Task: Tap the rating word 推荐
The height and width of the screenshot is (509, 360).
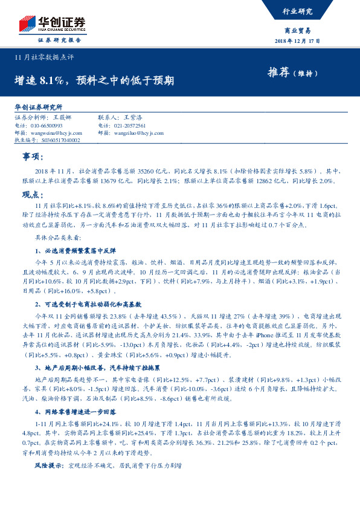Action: [x=280, y=73]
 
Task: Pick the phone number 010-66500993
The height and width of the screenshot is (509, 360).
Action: [x=46, y=125]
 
